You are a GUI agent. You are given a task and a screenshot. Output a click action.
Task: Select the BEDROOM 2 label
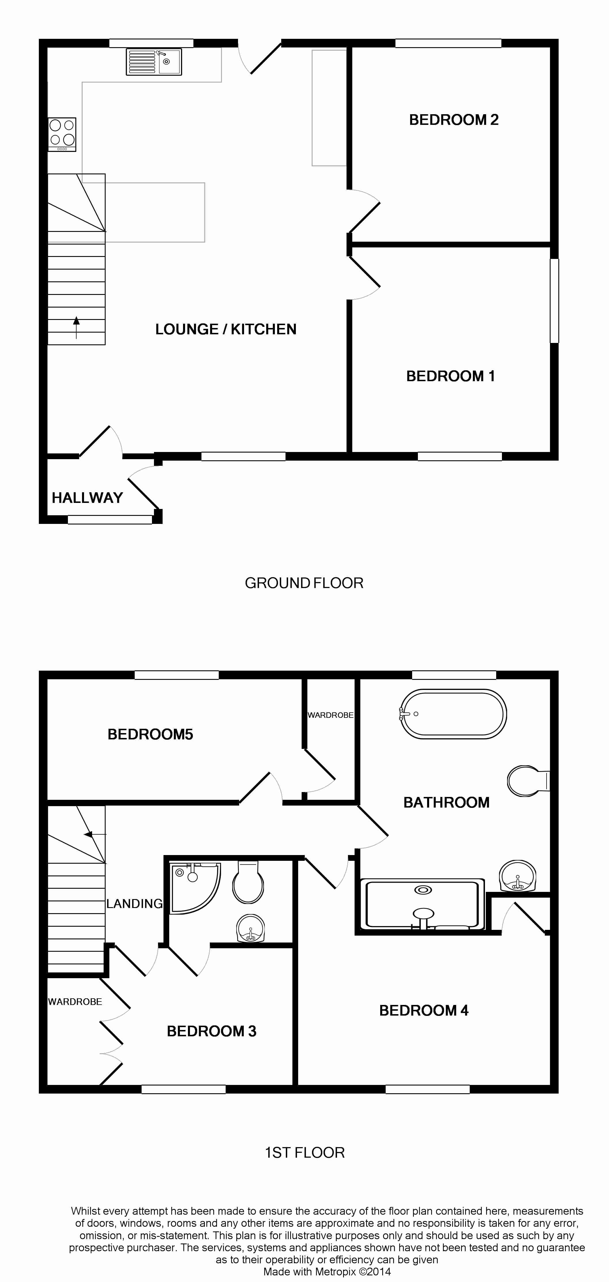[x=454, y=120]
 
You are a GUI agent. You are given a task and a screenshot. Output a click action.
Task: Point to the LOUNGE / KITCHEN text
[x=226, y=329]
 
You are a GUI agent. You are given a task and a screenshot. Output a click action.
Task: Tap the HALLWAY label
[x=87, y=498]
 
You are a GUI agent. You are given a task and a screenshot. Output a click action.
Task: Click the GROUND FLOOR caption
[x=304, y=583]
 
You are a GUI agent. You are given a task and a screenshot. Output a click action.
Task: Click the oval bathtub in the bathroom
[x=453, y=714]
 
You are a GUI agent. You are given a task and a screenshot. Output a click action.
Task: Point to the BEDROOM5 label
[x=151, y=735]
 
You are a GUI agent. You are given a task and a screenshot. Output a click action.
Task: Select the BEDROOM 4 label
[x=424, y=1011]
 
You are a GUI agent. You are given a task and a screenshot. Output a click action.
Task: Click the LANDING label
[x=134, y=904]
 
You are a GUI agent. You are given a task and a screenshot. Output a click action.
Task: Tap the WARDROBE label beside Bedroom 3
[x=75, y=1002]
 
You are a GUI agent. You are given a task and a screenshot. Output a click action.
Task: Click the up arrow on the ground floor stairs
[x=76, y=327]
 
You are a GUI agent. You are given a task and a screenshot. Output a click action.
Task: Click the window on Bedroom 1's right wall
[x=554, y=301]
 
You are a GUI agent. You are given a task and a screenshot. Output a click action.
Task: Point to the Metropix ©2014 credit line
[x=327, y=1272]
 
